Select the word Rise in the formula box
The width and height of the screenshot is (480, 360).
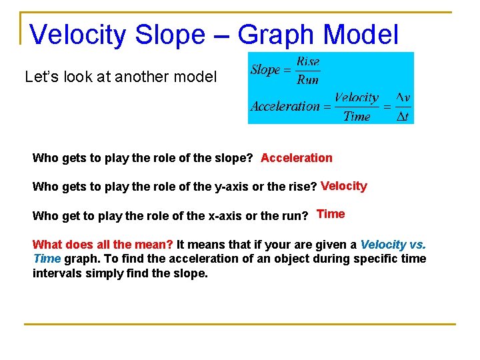point(307,61)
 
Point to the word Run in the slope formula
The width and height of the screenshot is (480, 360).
point(307,79)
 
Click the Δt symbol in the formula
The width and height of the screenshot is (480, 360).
point(402,116)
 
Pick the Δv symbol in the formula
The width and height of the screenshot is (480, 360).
point(402,98)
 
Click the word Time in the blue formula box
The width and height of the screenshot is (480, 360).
point(357,116)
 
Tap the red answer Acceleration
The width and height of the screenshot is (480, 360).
point(296,158)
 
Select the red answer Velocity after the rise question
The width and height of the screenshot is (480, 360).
point(343,186)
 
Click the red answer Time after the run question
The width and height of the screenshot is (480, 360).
point(331,214)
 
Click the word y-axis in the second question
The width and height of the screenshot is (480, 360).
point(233,187)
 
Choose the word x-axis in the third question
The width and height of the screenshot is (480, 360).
point(230,216)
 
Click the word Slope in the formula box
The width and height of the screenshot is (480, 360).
point(265,70)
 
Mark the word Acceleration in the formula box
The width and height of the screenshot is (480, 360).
point(285,106)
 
